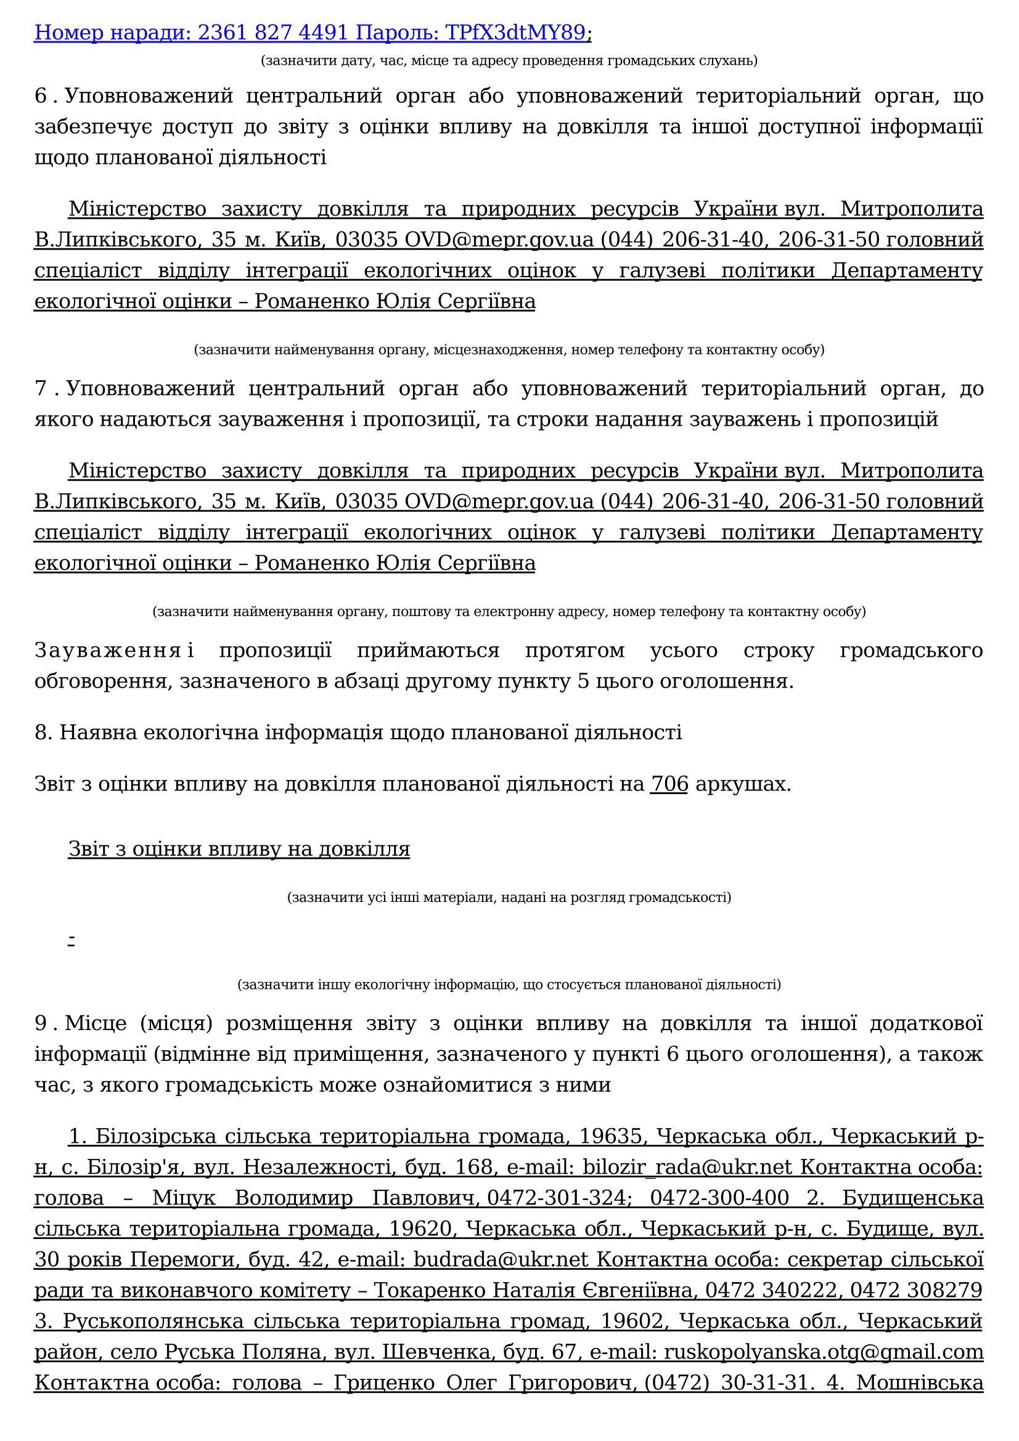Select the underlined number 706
pyautogui.click(x=669, y=784)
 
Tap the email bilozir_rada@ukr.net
pyautogui.click(x=687, y=1167)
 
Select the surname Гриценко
pyautogui.click(x=383, y=1382)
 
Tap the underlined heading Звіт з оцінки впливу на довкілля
pyautogui.click(x=239, y=848)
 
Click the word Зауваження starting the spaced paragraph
pyautogui.click(x=107, y=650)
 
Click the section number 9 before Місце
pyautogui.click(x=41, y=1023)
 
